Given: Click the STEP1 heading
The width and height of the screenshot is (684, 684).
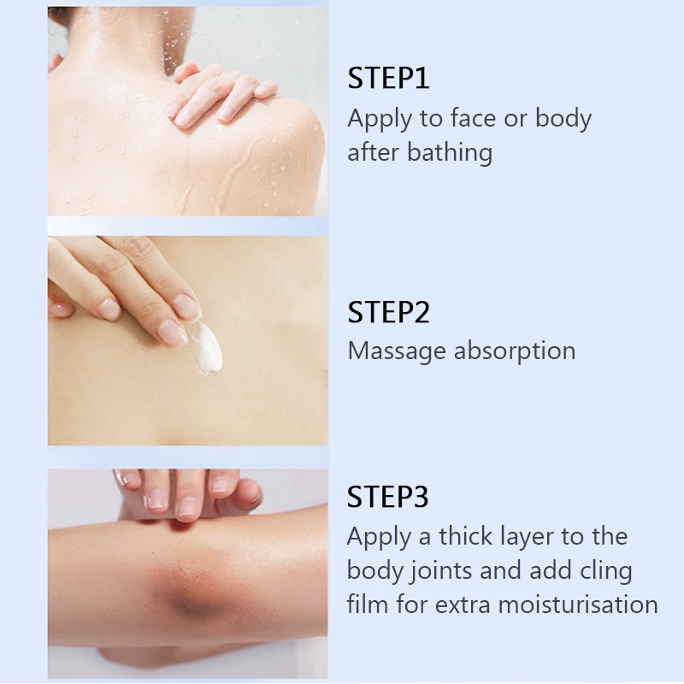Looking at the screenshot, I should [388, 79].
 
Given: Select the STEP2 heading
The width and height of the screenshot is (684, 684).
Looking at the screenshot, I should [388, 312].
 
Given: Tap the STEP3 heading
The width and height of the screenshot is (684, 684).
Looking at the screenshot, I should [388, 497].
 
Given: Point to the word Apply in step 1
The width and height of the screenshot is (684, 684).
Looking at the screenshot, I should [377, 120].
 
